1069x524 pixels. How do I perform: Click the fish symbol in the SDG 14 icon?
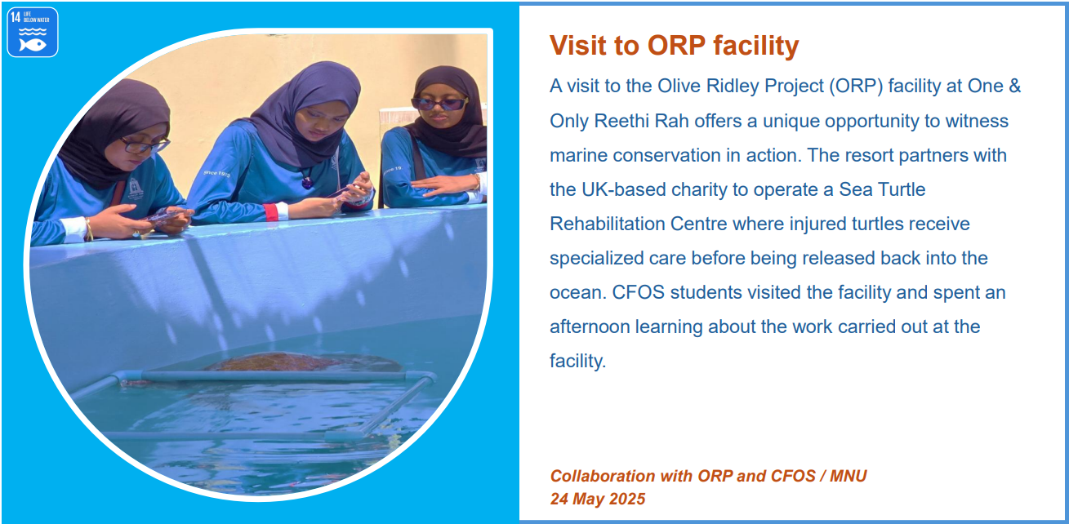[33, 45]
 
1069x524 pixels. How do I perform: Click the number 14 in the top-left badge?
[16, 18]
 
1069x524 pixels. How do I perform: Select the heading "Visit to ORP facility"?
[674, 46]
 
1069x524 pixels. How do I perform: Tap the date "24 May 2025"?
[598, 499]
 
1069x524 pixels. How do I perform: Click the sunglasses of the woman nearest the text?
[439, 103]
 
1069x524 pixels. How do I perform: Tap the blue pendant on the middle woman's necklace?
[307, 182]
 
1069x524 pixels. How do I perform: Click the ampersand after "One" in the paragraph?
[1015, 87]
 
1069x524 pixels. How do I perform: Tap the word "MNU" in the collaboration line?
[848, 476]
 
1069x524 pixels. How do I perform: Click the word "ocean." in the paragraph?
[578, 293]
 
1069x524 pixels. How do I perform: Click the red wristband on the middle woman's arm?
[271, 212]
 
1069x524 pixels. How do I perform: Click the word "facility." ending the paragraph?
[578, 362]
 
